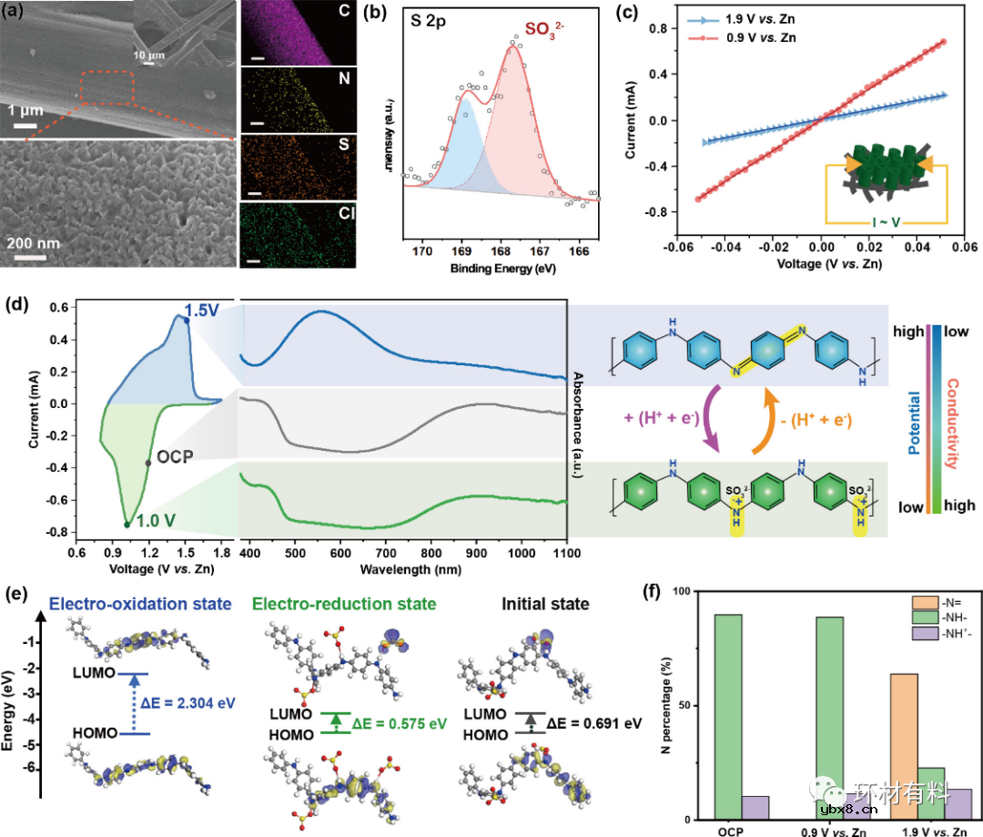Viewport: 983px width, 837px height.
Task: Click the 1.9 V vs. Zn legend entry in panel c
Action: [x=724, y=17]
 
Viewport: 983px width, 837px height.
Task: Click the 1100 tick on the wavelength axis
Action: [x=566, y=552]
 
